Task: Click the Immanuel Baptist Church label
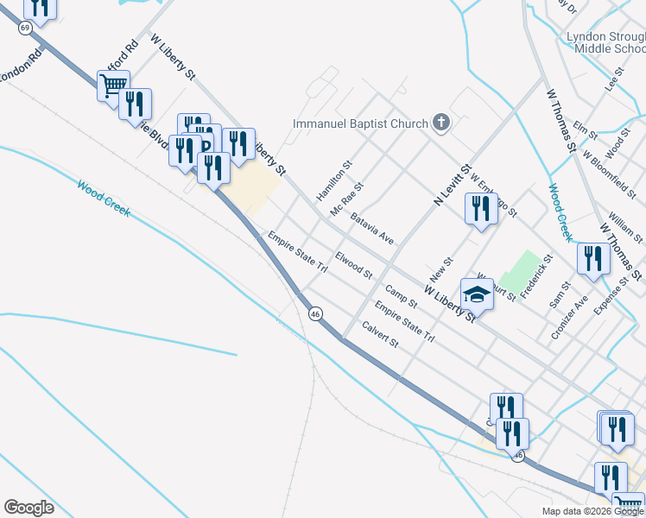360,123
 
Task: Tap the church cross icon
440,123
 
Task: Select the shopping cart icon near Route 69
113,85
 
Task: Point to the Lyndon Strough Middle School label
605,42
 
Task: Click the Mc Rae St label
347,199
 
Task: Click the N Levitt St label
451,187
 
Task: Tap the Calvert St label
380,335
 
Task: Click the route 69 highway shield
25,28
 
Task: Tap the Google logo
28,507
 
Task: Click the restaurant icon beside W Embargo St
480,209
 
